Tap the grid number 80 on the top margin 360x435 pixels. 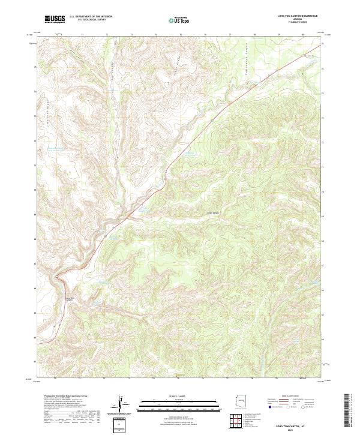pos(302,35)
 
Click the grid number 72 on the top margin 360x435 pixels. pos(107,35)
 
